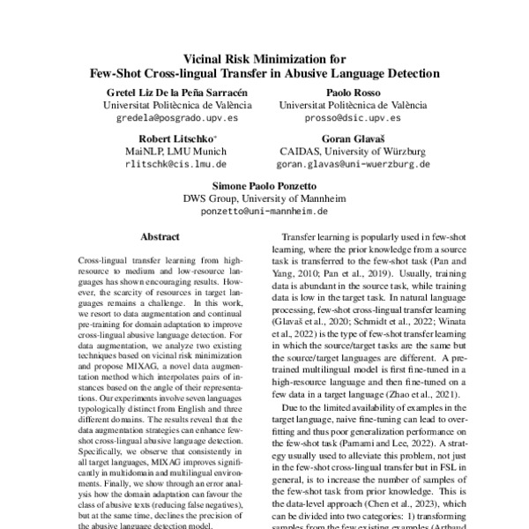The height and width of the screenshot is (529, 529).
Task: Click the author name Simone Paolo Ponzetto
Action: pos(264,187)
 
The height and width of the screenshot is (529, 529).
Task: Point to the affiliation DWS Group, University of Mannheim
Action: pos(264,199)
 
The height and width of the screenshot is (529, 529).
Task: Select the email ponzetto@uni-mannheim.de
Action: pos(264,212)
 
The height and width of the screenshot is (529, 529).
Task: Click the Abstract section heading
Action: pos(160,237)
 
